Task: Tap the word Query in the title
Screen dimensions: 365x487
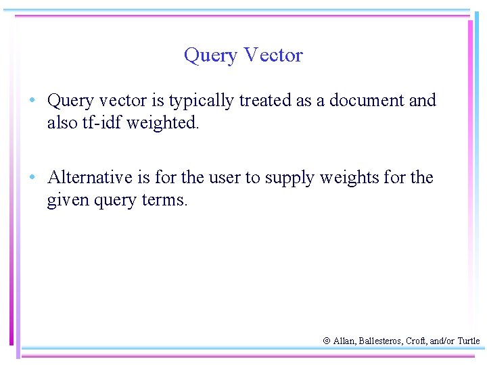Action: [x=210, y=55]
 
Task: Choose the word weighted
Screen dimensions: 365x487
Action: [x=163, y=124]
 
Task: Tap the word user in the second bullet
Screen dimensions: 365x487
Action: [x=225, y=178]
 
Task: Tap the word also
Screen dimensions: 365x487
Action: [x=62, y=123]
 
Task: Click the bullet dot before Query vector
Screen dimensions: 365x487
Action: [x=32, y=101]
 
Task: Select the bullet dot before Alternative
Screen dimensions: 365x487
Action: [x=32, y=178]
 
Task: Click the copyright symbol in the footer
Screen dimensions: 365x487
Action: [x=326, y=341]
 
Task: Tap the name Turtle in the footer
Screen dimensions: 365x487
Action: [x=468, y=341]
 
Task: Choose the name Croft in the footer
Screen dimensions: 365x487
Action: [x=416, y=341]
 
